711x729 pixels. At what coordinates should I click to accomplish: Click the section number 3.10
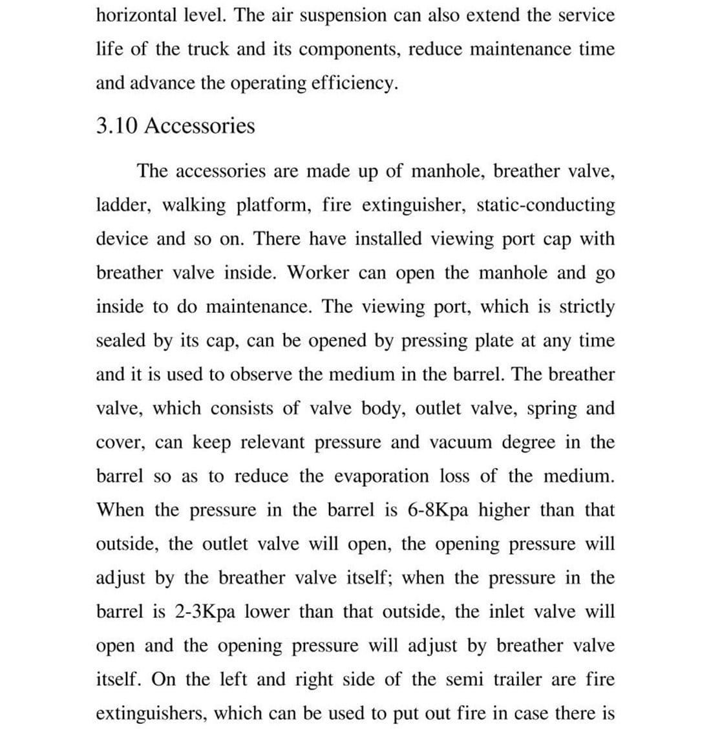(x=116, y=125)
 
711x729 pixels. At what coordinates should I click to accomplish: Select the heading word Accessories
(x=200, y=125)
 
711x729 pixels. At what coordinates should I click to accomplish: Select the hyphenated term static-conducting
(x=546, y=205)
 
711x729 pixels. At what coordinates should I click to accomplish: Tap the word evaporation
(x=381, y=476)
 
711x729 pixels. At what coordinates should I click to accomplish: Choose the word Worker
(x=318, y=273)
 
